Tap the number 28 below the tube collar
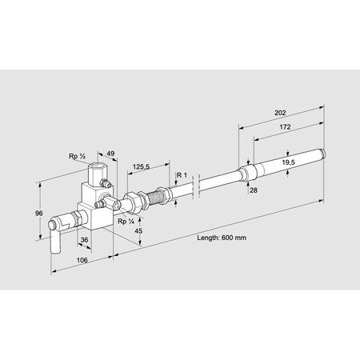coord(254,190)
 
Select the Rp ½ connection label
coord(77,156)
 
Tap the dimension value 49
coord(110,154)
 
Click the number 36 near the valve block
coord(84,238)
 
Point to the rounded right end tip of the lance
coord(323,152)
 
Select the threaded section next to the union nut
coord(160,195)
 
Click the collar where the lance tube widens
coord(247,172)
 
